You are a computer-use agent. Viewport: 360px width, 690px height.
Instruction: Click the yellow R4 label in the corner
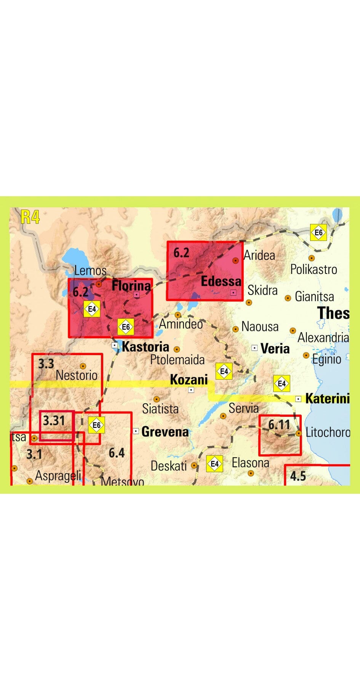point(30,217)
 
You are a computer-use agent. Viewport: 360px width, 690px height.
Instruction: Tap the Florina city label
point(131,285)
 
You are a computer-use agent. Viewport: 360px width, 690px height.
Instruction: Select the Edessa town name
point(221,281)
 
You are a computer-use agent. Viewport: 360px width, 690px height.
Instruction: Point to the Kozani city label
point(189,379)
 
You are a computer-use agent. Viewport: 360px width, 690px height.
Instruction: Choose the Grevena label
point(165,432)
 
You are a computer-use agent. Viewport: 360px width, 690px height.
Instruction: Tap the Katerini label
point(327,399)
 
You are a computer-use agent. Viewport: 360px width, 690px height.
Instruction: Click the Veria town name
point(275,348)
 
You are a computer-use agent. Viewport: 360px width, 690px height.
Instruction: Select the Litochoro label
point(328,432)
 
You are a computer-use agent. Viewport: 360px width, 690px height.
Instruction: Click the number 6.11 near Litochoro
point(279,424)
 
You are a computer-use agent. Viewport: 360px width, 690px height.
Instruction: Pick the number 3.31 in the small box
point(54,421)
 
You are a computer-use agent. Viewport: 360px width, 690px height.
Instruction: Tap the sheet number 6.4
point(117,453)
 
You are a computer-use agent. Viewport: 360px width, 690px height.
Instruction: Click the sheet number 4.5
point(298,476)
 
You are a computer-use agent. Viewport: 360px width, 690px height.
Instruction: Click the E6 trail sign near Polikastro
point(318,232)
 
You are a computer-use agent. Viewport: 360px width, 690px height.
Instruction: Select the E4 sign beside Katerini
point(282,383)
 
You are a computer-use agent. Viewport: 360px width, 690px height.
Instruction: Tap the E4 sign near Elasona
point(214,464)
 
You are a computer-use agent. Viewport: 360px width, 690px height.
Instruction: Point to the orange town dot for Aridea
point(236,261)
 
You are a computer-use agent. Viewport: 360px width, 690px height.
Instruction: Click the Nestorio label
point(77,375)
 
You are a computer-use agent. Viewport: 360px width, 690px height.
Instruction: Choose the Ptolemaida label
point(177,360)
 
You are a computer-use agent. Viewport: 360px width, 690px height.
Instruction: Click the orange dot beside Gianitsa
point(288,298)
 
